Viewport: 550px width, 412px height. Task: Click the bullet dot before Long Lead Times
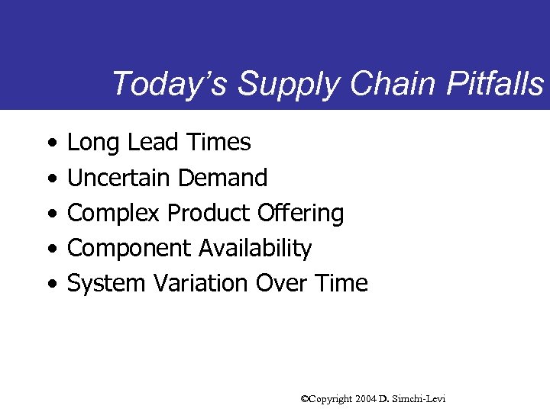coord(50,143)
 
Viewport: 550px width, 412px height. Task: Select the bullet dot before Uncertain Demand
coord(50,179)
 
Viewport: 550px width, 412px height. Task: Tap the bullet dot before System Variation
coord(50,285)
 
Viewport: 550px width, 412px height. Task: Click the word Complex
coord(114,214)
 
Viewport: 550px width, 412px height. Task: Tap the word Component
coord(130,249)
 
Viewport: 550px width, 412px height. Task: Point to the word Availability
coord(255,249)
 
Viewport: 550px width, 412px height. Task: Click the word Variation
coord(201,283)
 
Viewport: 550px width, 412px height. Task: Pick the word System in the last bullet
coord(107,284)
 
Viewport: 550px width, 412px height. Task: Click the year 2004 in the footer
coord(364,399)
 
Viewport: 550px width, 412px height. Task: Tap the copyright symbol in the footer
coord(305,399)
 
